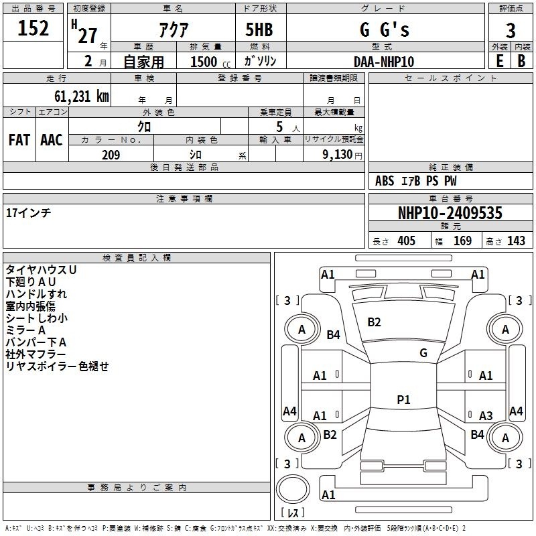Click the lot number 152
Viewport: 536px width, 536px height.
point(33,28)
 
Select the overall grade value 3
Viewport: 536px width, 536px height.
point(511,30)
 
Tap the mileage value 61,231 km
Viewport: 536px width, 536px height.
point(82,96)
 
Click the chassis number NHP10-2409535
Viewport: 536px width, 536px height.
point(450,213)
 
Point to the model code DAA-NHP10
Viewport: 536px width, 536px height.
point(384,62)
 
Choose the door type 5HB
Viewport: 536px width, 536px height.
point(259,29)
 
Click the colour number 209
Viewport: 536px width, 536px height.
point(111,155)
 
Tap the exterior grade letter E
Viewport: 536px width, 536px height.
point(500,61)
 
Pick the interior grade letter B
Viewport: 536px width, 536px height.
point(521,61)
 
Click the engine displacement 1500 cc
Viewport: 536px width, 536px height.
point(210,62)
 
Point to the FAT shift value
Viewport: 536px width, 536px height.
point(19,140)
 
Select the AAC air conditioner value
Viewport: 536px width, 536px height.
point(52,140)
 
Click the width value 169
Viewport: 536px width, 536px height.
point(462,241)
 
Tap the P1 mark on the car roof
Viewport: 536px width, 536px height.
point(403,399)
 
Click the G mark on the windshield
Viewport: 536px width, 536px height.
point(423,352)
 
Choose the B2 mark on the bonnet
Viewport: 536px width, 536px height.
point(374,322)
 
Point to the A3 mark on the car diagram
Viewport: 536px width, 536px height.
point(486,415)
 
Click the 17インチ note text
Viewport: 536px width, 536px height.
point(28,213)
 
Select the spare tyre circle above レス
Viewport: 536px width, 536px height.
point(293,489)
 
